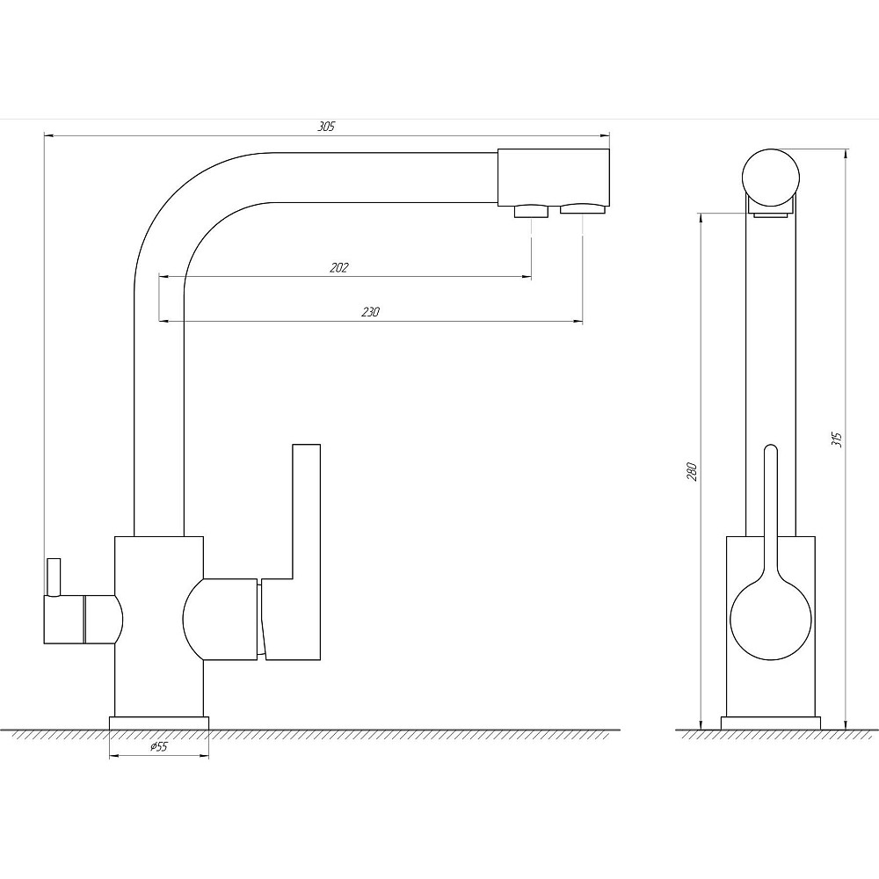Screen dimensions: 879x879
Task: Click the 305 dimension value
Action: [326, 127]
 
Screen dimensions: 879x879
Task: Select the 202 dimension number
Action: [338, 268]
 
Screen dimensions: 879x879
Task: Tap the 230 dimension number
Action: [370, 312]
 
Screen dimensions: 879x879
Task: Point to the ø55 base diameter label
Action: [158, 746]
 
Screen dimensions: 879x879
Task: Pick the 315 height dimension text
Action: [837, 439]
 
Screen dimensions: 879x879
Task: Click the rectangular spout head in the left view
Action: [553, 178]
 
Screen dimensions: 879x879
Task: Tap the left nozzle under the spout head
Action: [531, 211]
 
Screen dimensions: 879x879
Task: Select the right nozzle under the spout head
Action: [583, 209]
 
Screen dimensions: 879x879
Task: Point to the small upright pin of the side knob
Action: [54, 577]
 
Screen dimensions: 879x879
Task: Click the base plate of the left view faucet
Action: [159, 723]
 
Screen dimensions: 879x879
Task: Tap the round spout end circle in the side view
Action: [771, 178]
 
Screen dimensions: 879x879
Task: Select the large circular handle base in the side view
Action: [771, 620]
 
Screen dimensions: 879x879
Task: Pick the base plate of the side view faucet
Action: [771, 723]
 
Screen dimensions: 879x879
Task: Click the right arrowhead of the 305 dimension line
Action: [605, 135]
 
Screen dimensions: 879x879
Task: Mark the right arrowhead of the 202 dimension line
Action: [527, 276]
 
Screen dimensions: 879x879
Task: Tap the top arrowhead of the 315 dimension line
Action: [846, 154]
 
